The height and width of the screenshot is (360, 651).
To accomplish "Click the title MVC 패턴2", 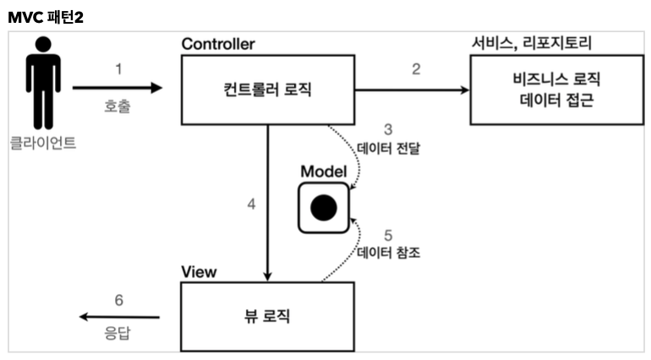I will (x=46, y=16).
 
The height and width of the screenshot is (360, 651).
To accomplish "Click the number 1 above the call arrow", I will (x=118, y=68).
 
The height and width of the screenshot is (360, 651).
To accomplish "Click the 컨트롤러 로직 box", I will (x=268, y=88).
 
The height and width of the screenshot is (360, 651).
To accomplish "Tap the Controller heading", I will (x=217, y=44).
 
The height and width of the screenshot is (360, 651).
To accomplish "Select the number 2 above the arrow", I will (x=416, y=68).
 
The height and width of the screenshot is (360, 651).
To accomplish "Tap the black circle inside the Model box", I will (x=323, y=207).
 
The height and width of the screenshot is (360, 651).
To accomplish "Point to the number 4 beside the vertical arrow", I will (x=251, y=206).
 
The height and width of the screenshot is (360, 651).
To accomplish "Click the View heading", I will (x=200, y=271).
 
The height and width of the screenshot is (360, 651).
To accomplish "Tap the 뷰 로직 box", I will (x=267, y=317).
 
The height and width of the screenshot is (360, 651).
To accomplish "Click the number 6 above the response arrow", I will (x=119, y=299).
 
